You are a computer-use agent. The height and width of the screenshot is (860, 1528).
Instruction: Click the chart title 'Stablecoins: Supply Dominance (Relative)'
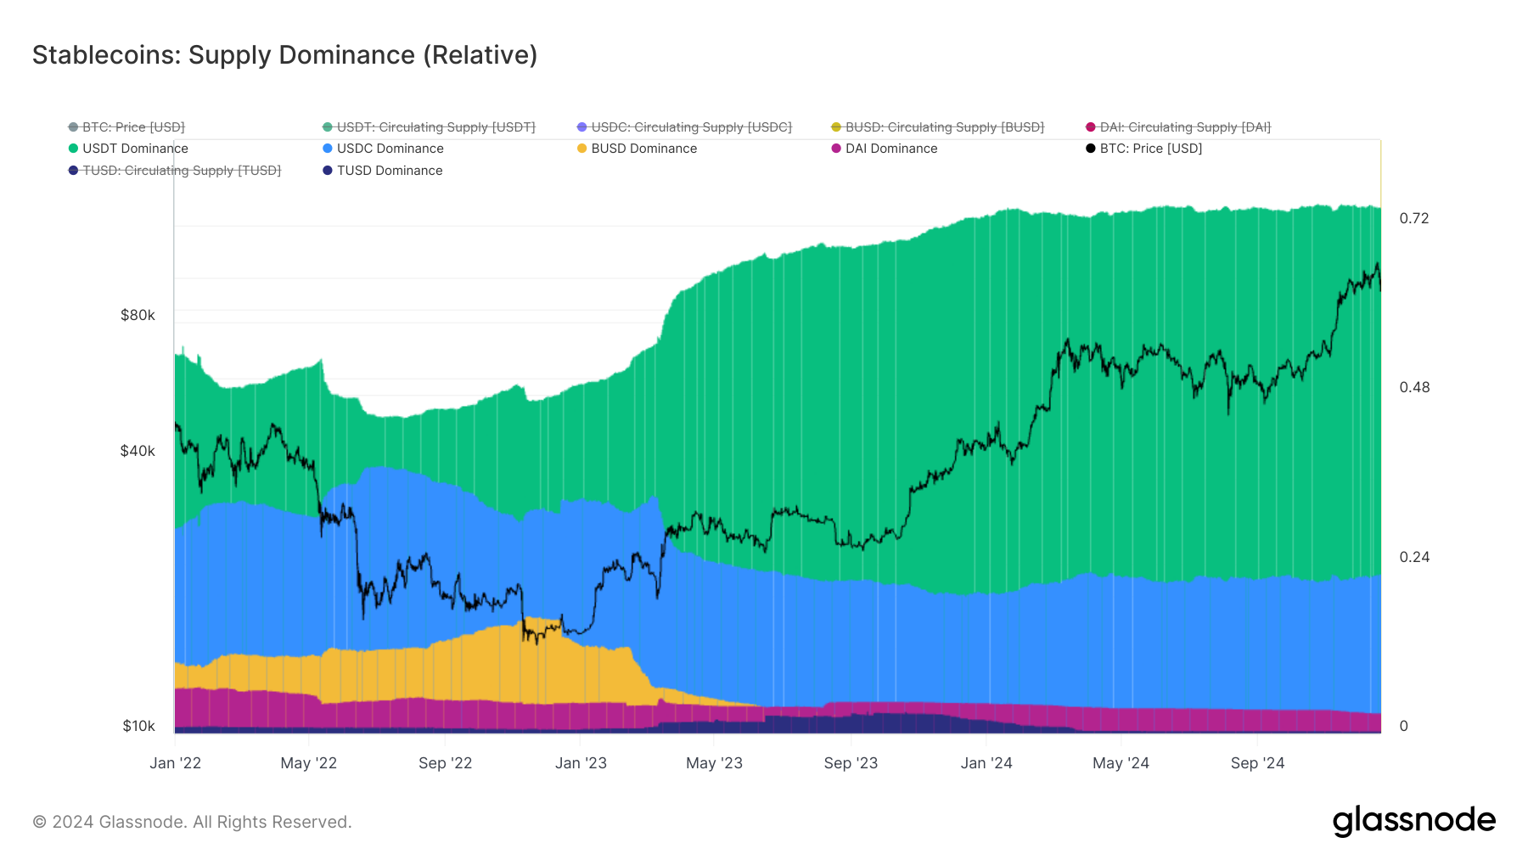click(284, 55)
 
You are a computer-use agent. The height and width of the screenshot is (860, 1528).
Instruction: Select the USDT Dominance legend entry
click(134, 149)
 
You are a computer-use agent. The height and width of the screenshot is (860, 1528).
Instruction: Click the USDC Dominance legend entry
click(390, 149)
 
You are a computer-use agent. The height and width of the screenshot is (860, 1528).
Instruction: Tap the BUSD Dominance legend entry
click(643, 149)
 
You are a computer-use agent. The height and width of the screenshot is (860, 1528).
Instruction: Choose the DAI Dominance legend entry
click(890, 149)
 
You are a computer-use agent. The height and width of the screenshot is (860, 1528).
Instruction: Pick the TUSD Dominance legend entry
click(389, 171)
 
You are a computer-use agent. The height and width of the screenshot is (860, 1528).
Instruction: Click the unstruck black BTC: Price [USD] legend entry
click(1150, 149)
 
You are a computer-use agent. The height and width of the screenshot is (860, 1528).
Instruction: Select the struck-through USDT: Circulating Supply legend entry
click(435, 127)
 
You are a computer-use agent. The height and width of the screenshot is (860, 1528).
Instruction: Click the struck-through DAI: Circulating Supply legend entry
click(1184, 127)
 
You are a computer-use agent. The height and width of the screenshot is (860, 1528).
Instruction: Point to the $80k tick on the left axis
click(138, 316)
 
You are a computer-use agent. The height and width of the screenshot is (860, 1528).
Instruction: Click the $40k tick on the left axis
click(138, 451)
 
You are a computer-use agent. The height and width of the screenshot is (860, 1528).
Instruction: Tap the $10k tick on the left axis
click(138, 726)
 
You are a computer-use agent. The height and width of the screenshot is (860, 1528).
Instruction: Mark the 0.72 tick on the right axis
click(1413, 219)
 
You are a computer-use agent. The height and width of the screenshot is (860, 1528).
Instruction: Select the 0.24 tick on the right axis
click(1413, 557)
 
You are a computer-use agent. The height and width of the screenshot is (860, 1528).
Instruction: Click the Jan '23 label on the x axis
click(581, 763)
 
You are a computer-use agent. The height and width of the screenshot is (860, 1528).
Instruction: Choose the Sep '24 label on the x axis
click(1257, 763)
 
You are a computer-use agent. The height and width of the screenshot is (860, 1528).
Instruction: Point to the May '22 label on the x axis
click(308, 763)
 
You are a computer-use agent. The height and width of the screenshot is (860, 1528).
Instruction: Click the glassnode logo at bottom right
click(1413, 820)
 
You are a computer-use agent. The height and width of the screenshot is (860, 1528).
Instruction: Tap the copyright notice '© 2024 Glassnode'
click(192, 822)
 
